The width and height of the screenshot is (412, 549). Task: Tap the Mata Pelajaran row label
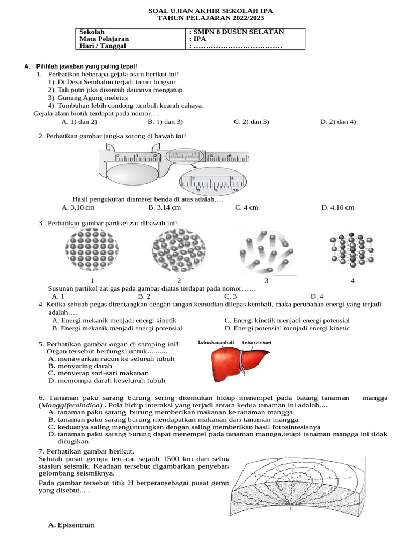pyautogui.click(x=104, y=39)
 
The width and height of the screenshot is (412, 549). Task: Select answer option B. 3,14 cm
pyautogui.click(x=165, y=207)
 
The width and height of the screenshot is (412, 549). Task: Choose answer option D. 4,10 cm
pyautogui.click(x=338, y=207)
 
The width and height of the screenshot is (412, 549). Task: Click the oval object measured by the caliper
pyautogui.click(x=134, y=174)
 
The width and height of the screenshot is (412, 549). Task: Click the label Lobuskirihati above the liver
pyautogui.click(x=257, y=342)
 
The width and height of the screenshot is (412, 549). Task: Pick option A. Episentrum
pyautogui.click(x=71, y=525)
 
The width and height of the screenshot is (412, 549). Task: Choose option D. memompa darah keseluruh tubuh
pyautogui.click(x=106, y=381)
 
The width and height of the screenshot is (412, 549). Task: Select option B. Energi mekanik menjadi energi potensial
pyautogui.click(x=117, y=328)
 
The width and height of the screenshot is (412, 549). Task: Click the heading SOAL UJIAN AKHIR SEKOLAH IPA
pyautogui.click(x=207, y=11)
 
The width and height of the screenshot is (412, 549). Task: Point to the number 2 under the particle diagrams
pyautogui.click(x=179, y=281)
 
